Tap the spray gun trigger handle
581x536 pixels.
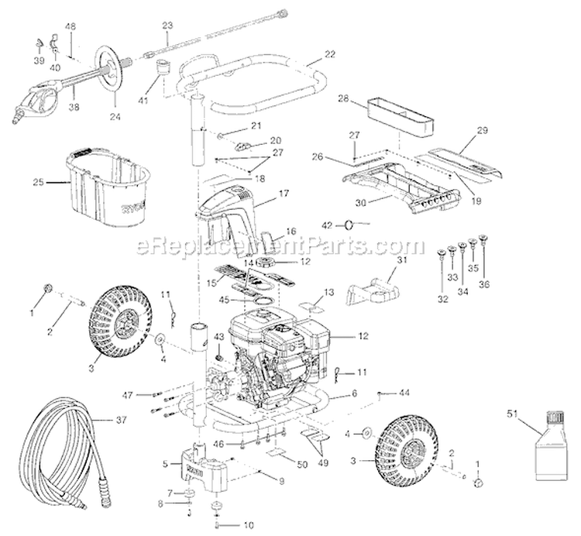pyautogui.click(x=45, y=101)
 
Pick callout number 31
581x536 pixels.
pyautogui.click(x=400, y=260)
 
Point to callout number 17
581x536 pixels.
pyautogui.click(x=284, y=193)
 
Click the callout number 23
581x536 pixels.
pyautogui.click(x=167, y=26)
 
